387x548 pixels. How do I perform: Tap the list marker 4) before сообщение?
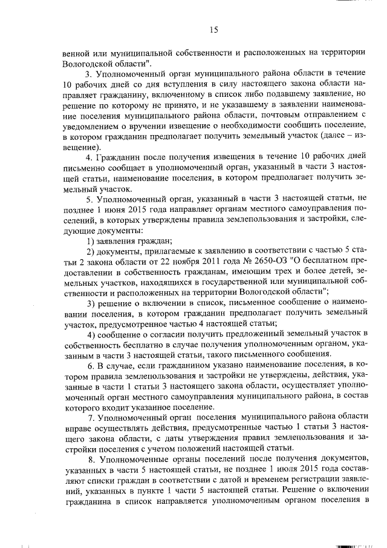click(x=91, y=335)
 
